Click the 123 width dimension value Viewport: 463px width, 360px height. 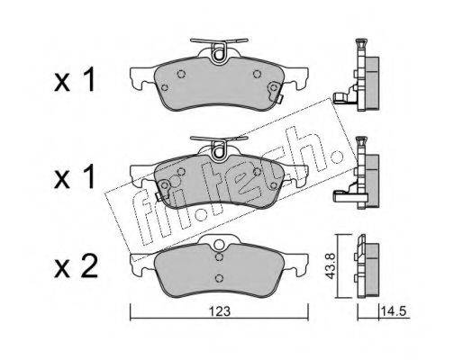click(x=220, y=311)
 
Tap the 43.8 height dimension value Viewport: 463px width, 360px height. click(x=331, y=266)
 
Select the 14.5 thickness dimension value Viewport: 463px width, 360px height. click(x=394, y=311)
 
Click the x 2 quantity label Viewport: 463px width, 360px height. click(x=76, y=265)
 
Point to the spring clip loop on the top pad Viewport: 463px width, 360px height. click(x=219, y=54)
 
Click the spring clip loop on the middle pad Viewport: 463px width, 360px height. click(x=219, y=152)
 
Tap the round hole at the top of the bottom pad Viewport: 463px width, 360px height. click(x=219, y=244)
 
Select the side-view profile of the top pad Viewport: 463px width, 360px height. click(x=358, y=75)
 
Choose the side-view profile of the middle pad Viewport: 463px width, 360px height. click(x=358, y=173)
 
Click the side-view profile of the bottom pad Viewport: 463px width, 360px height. click(x=367, y=266)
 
